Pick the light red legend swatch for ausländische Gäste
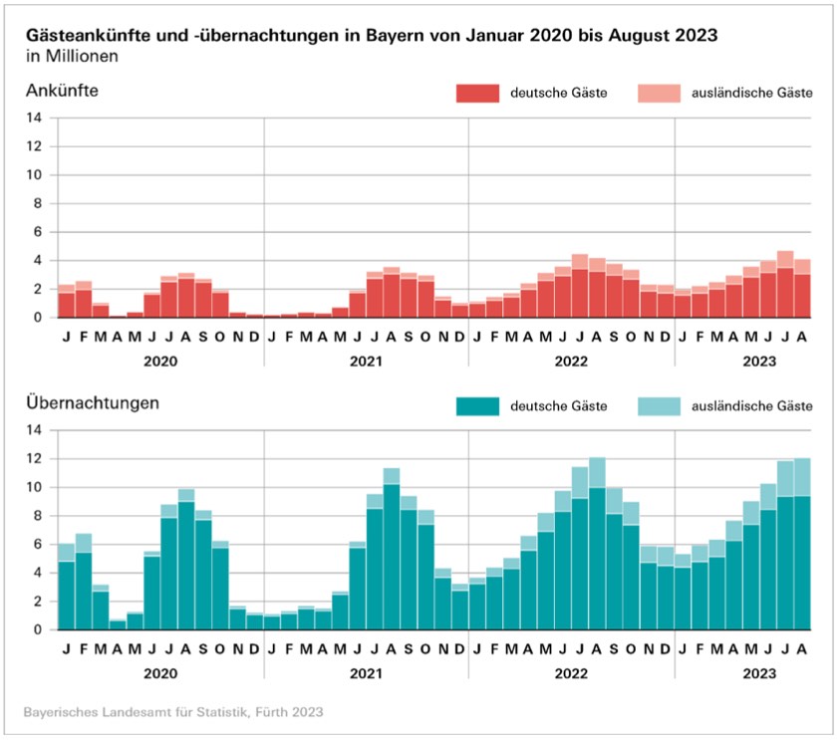(x=657, y=93)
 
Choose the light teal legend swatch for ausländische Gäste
(x=657, y=405)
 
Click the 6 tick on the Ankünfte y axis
(x=37, y=232)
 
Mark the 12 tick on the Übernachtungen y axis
(x=34, y=459)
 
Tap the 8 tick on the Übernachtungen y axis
(x=37, y=516)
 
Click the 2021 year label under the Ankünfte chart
(x=366, y=359)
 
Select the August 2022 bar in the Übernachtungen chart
(x=597, y=548)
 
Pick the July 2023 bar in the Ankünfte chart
(x=785, y=289)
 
